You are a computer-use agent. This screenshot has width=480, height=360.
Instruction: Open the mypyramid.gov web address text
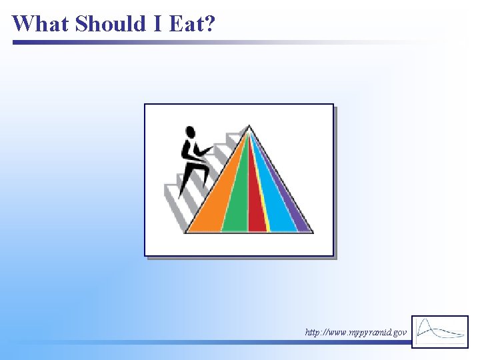355,331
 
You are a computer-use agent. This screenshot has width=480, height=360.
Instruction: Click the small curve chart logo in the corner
440,331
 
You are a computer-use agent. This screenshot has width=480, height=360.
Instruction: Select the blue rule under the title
133,42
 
